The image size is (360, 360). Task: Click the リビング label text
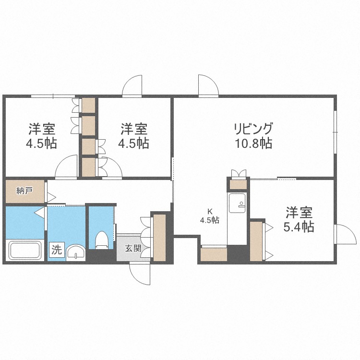[253, 129]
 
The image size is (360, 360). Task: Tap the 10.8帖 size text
[253, 143]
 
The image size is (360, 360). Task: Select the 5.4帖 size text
[299, 227]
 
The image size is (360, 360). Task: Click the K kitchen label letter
[209, 211]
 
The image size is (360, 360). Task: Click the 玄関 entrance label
[133, 249]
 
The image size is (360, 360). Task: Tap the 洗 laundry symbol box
[57, 250]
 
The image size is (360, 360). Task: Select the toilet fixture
[101, 240]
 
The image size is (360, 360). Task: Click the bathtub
[25, 251]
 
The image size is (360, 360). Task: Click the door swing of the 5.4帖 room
[343, 234]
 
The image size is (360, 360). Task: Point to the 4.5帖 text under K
[209, 220]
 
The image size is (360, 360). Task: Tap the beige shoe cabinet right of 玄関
[159, 237]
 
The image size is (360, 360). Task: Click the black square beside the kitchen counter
[237, 253]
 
